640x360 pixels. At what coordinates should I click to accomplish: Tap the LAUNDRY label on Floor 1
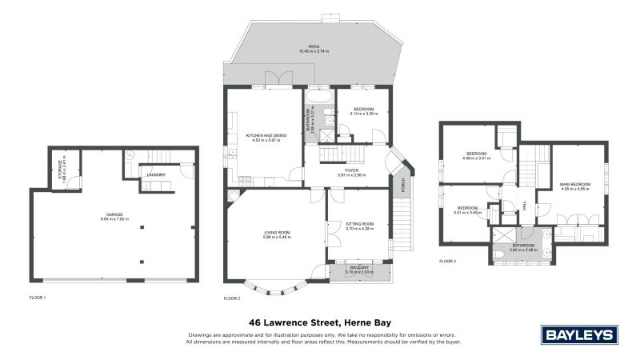point(156,174)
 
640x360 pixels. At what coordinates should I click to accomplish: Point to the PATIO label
point(314,47)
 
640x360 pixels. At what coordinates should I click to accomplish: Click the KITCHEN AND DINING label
point(265,135)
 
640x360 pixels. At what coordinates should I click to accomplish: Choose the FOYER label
point(351,170)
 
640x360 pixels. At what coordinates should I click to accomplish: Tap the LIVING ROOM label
point(278,233)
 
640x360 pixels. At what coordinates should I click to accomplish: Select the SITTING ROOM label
point(360,225)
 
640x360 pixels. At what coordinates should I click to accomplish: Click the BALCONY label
point(358,267)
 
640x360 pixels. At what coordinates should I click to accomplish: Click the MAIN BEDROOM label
point(574,185)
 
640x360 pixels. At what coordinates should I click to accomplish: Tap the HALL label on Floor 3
point(525,206)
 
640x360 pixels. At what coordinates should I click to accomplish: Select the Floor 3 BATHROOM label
point(523,246)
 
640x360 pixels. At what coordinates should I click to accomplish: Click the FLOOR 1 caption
point(38,298)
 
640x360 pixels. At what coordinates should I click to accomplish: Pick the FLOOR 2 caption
point(232,298)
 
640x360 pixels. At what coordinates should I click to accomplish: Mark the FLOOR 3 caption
point(448,262)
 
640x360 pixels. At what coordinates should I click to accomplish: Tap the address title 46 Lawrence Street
point(319,321)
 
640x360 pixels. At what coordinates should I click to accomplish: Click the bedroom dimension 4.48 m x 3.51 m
point(478,158)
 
